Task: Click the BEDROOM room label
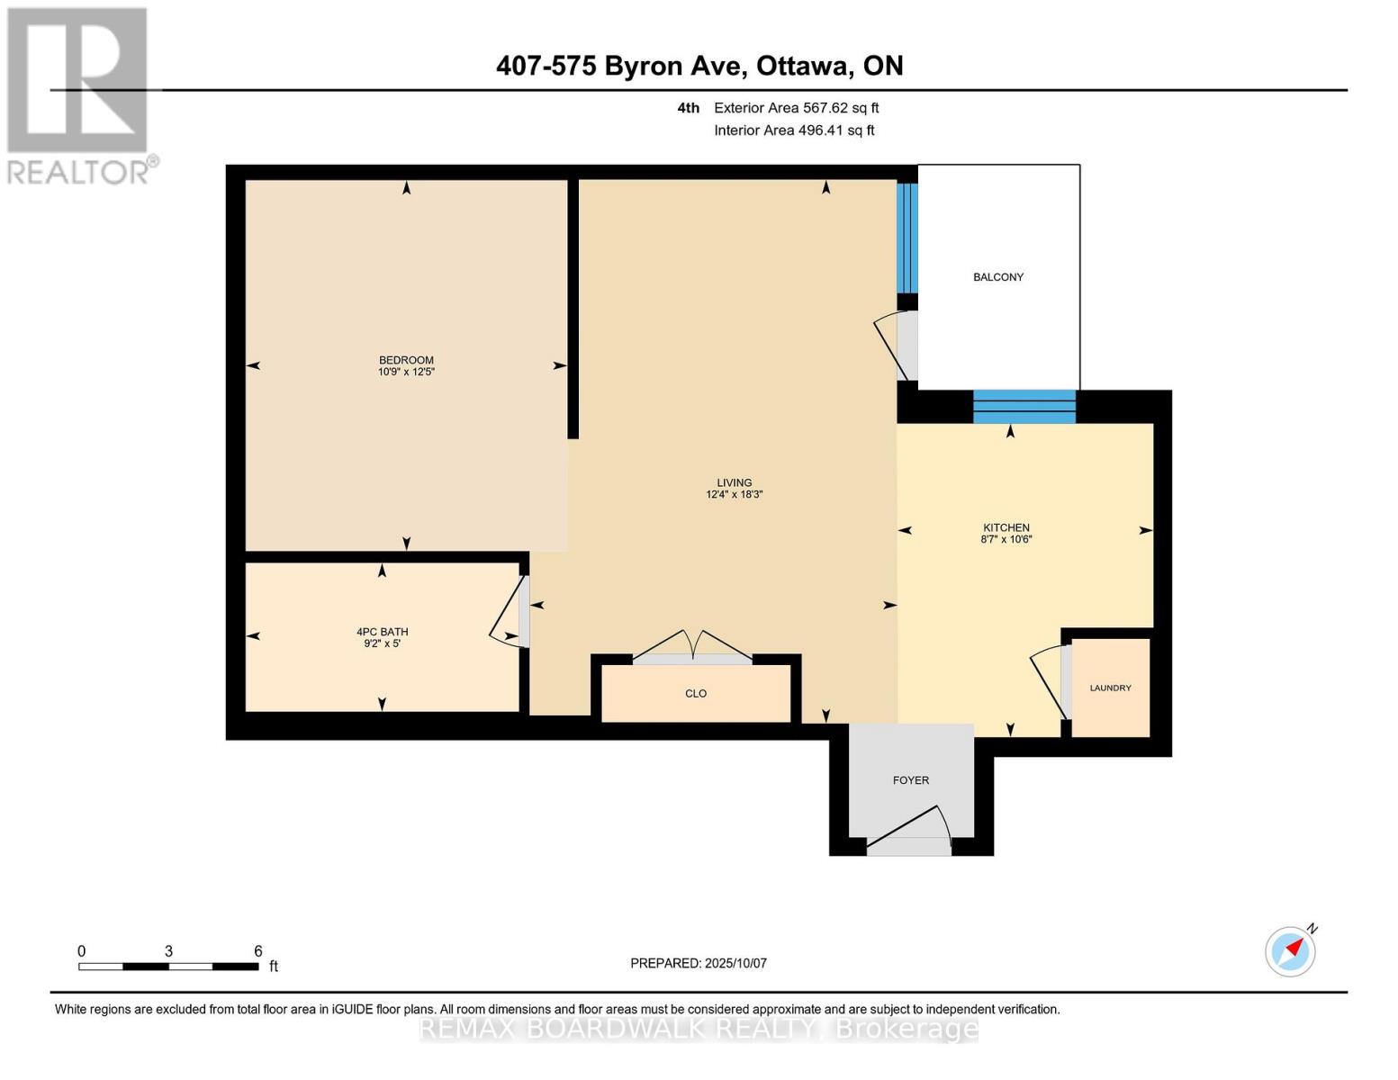coord(406,360)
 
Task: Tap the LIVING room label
coord(734,482)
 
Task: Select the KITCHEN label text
coord(1006,527)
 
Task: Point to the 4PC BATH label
coord(382,632)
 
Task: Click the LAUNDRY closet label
coord(1110,688)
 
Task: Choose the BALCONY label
coord(998,277)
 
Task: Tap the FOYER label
coord(910,780)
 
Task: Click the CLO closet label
coord(696,694)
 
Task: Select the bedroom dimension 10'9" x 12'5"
coord(406,372)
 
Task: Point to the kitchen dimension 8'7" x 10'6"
coord(1006,540)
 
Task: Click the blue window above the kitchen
coord(1024,406)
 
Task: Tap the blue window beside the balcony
coord(907,238)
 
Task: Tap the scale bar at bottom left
coord(168,967)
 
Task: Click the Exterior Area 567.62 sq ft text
coord(796,108)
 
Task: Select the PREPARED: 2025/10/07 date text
coord(699,963)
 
